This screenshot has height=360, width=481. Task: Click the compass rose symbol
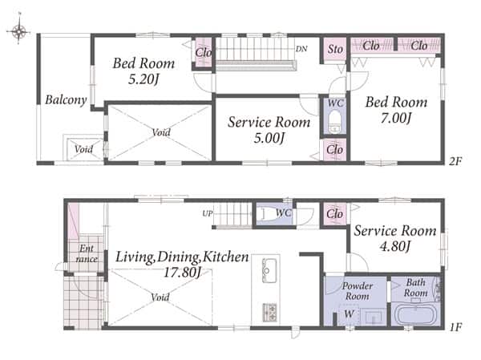pos(18,30)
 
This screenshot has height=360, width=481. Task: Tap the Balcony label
pos(66,100)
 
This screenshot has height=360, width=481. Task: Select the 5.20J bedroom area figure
pos(143,79)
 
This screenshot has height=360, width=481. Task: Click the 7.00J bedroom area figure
pos(396,118)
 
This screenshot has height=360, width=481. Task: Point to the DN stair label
pos(301,49)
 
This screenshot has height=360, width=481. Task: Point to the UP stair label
pos(208,213)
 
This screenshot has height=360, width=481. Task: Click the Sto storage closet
pos(335,49)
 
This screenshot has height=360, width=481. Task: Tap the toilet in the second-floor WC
pos(334,122)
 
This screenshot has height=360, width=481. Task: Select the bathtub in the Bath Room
pos(416,314)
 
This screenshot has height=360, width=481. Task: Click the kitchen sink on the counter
pos(269,270)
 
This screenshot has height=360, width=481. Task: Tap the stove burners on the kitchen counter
pos(269,312)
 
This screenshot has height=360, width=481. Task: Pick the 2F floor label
pos(455,161)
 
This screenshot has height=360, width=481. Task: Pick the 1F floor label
pos(456,327)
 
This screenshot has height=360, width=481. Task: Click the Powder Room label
pos(357,291)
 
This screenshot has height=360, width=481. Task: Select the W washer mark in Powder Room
pos(349,313)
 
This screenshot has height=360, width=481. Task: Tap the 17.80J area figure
pos(183,273)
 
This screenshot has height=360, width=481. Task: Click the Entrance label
pos(87,253)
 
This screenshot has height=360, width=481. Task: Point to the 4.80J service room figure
pos(395,246)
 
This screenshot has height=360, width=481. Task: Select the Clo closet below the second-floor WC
pos(334,150)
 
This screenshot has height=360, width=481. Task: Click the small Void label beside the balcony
pos(83,149)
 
